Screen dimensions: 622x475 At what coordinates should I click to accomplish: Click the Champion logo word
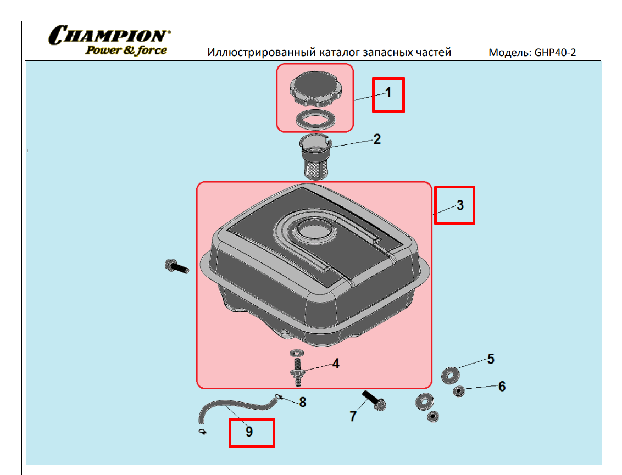point(109,35)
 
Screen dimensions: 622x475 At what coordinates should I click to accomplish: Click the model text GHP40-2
point(555,52)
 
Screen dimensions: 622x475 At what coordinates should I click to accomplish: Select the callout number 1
point(388,93)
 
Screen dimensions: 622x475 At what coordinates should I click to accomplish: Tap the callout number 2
point(377,139)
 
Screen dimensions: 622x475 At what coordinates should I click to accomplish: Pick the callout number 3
point(460,205)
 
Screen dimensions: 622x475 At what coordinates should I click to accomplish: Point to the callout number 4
point(336,364)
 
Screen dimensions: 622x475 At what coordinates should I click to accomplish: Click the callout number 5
point(491,359)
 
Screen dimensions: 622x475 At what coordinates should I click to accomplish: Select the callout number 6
point(502,386)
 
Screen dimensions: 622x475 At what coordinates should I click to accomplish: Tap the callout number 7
point(353,416)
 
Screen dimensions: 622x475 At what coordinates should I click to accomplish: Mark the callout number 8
point(303,403)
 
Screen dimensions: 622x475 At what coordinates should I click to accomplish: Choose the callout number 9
point(249,432)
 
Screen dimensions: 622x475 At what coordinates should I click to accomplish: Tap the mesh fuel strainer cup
point(315,157)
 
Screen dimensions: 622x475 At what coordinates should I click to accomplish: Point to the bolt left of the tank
point(176,266)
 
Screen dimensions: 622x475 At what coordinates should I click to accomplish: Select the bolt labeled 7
point(374,401)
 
